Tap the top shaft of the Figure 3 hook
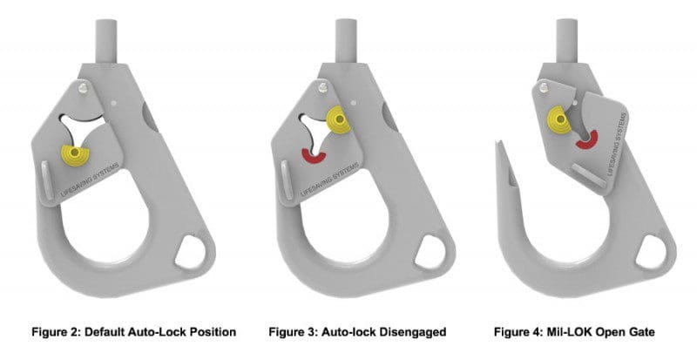342,39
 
